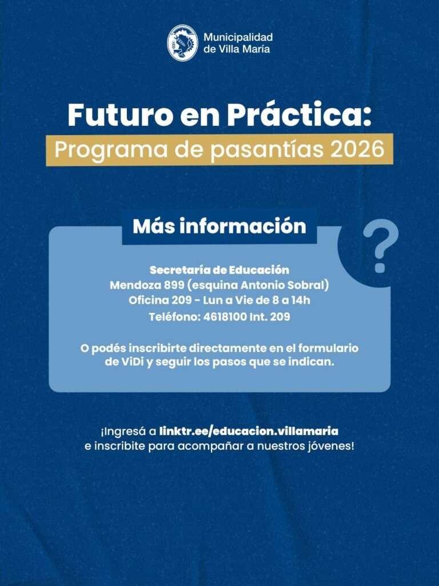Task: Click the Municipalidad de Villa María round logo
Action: [x=182, y=42]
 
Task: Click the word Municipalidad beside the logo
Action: [x=238, y=37]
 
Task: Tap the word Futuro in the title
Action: [x=120, y=115]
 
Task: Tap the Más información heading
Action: [x=219, y=226]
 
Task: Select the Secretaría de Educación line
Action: [x=219, y=270]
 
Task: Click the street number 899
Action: [x=174, y=285]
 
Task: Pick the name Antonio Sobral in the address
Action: [x=283, y=285]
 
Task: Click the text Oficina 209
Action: [x=161, y=300]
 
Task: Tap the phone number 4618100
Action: [x=225, y=317]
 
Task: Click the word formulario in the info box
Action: [x=329, y=349]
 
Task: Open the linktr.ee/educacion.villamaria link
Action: [x=249, y=431]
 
